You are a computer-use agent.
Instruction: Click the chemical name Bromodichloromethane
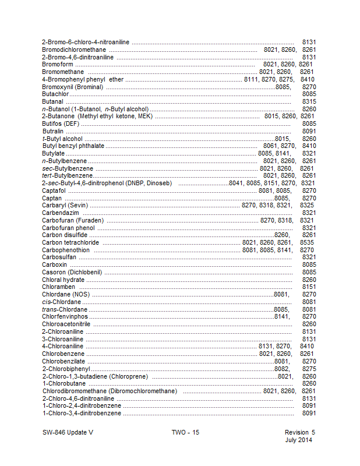click(75, 50)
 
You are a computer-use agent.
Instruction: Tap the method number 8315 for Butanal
click(309, 101)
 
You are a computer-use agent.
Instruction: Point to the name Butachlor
click(55, 94)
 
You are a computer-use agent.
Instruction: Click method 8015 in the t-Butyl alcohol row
click(283, 139)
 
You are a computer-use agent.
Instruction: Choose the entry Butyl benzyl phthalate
click(73, 146)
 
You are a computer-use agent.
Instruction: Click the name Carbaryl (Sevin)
click(65, 206)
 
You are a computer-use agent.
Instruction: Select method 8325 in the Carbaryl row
click(307, 206)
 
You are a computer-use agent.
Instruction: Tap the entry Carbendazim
click(61, 213)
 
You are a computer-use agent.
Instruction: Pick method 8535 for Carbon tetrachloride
click(307, 243)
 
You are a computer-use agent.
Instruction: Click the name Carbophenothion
click(66, 250)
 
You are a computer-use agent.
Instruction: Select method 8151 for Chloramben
click(309, 287)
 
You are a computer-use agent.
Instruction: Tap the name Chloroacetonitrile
click(66, 324)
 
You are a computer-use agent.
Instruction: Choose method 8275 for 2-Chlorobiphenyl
click(309, 369)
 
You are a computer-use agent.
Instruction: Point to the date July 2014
click(299, 440)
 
